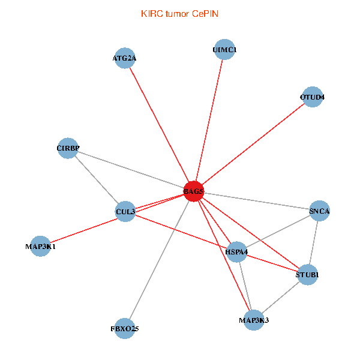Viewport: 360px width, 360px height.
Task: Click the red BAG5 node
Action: coord(193,191)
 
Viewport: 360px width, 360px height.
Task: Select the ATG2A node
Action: coord(125,58)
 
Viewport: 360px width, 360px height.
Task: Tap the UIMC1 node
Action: coord(224,49)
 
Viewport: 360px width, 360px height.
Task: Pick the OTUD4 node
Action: coord(313,97)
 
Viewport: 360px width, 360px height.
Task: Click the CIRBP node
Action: coord(68,148)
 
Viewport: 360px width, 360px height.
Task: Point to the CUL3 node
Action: coord(125,211)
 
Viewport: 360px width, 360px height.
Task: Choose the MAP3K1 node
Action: coord(40,246)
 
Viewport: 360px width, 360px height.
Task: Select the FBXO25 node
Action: coord(125,328)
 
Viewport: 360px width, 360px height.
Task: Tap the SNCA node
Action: coord(319,211)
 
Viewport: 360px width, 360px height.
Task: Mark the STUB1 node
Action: coord(307,275)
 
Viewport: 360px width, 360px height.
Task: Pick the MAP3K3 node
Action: coord(254,320)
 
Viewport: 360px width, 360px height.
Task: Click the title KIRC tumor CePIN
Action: coord(179,13)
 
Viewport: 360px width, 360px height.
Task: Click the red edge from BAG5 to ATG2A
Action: coord(159,125)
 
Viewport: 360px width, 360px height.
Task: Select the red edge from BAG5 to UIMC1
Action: coord(209,120)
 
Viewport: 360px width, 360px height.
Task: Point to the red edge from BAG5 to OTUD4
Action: coord(253,144)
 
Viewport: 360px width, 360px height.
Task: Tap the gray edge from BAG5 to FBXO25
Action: coord(159,260)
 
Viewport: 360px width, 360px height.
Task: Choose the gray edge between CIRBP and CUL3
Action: coord(97,179)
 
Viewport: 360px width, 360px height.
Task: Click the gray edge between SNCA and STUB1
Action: coord(313,243)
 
